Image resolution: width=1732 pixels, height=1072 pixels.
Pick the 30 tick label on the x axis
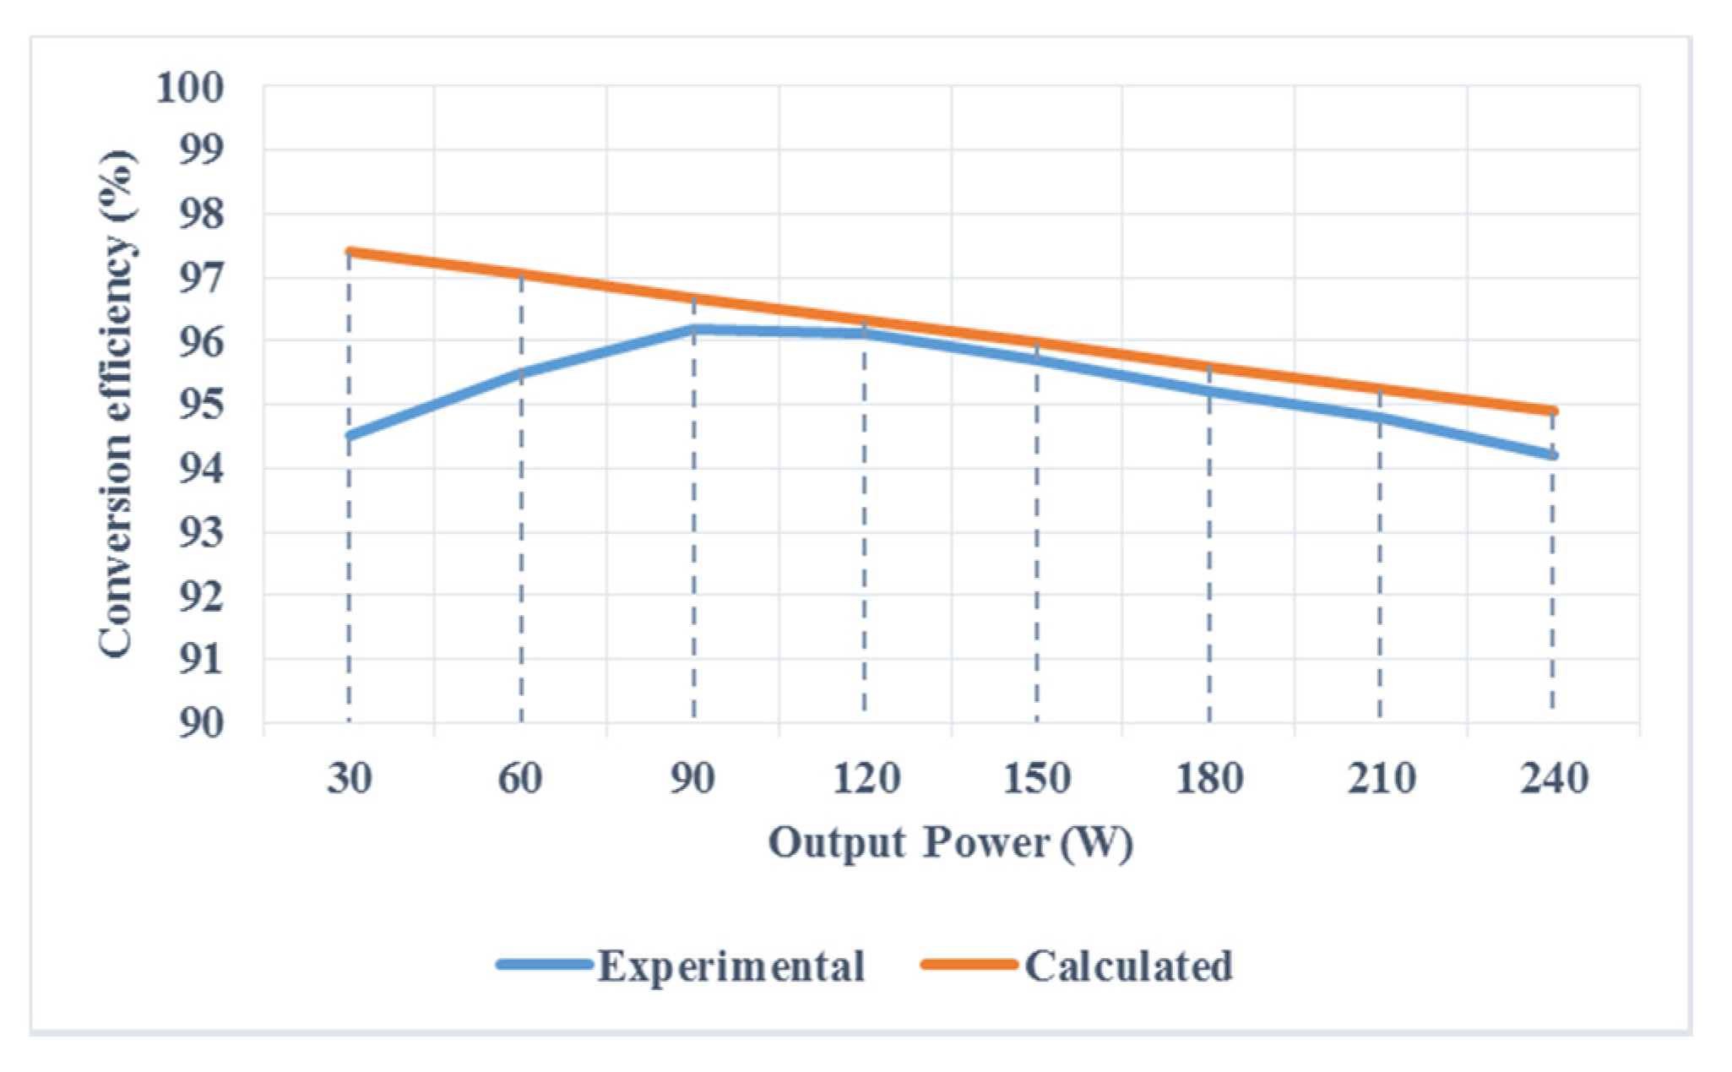pyautogui.click(x=349, y=778)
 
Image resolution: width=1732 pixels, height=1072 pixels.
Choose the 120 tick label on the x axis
pyautogui.click(x=866, y=778)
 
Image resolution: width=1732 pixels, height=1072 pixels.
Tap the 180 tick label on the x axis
pyautogui.click(x=1209, y=778)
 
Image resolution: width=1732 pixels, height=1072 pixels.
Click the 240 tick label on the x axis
pyautogui.click(x=1553, y=778)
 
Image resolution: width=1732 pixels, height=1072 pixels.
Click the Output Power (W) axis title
pyautogui.click(x=950, y=843)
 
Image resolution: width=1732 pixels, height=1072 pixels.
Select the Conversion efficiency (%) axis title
pyautogui.click(x=116, y=404)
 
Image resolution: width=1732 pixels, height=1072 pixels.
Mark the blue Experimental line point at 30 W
pyautogui.click(x=350, y=436)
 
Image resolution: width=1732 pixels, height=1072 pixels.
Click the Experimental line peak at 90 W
pyautogui.click(x=693, y=329)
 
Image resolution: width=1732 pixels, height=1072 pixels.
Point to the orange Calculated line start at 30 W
pyautogui.click(x=350, y=252)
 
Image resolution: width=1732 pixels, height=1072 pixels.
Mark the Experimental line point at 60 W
pyautogui.click(x=521, y=373)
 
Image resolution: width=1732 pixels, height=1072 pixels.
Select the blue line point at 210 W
pyautogui.click(x=1380, y=417)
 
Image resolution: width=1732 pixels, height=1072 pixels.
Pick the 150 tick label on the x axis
pyautogui.click(x=1037, y=778)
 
